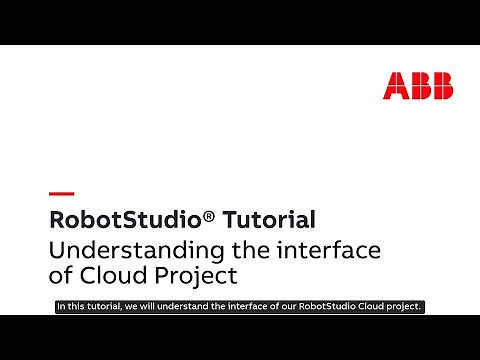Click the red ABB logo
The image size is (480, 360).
[417, 86]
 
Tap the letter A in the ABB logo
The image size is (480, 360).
[395, 86]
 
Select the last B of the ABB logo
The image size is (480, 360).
[440, 86]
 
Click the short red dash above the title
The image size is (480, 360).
[61, 192]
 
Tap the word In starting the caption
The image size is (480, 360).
[61, 307]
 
